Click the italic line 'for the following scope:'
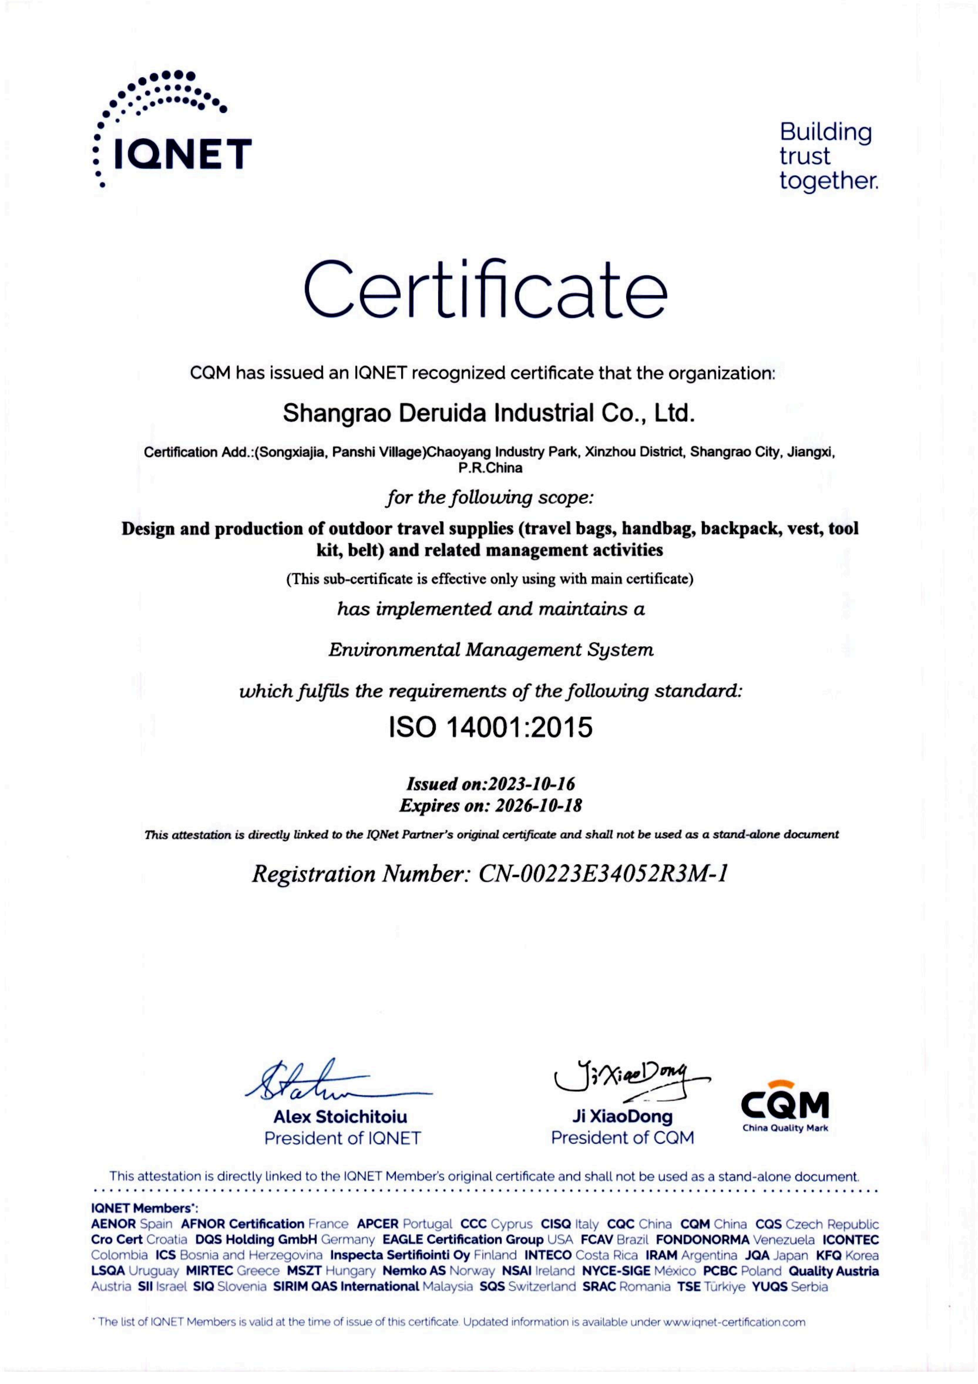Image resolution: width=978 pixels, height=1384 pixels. [x=489, y=498]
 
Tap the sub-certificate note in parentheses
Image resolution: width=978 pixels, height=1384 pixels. [x=489, y=579]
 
